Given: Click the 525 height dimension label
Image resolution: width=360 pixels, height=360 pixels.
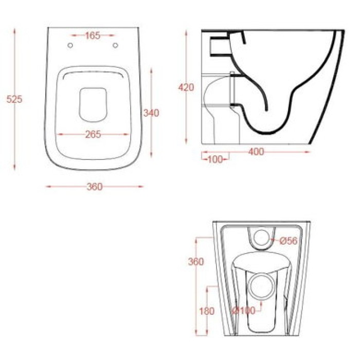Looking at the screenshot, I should pyautogui.click(x=14, y=99).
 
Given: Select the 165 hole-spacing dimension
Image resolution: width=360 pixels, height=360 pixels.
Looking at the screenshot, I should pyautogui.click(x=93, y=35).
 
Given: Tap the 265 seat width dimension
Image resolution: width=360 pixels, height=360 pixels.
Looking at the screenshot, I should pyautogui.click(x=93, y=135).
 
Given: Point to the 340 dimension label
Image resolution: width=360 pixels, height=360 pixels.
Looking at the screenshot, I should pyautogui.click(x=151, y=113).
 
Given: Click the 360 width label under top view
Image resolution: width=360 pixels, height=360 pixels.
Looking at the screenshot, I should pyautogui.click(x=95, y=187).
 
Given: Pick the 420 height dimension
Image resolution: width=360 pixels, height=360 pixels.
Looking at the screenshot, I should pyautogui.click(x=186, y=87).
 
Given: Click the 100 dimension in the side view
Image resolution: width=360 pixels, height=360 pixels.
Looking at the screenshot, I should pyautogui.click(x=215, y=159).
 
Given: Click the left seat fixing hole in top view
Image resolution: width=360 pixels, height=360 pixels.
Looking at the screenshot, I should pyautogui.click(x=70, y=45).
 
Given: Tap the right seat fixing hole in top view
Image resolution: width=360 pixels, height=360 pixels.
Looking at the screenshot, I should pyautogui.click(x=115, y=45).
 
